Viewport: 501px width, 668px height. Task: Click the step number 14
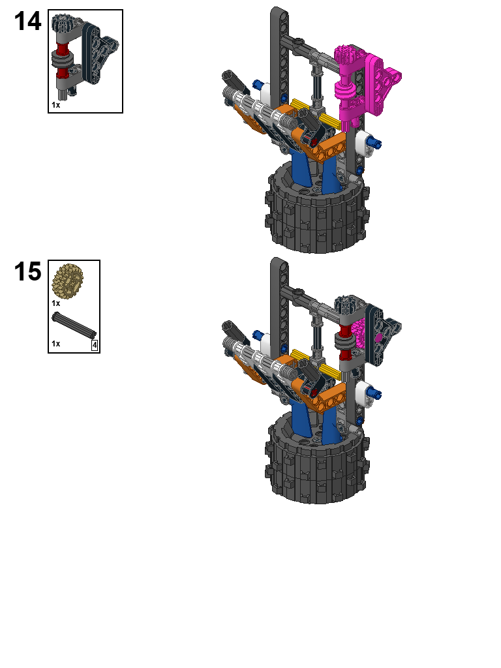coord(27,22)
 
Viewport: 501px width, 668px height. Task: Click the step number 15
coord(27,272)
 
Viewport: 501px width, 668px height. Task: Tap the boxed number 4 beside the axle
coord(95,345)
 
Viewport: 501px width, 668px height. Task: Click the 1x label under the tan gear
coord(56,303)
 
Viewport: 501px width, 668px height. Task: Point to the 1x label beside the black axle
coord(56,343)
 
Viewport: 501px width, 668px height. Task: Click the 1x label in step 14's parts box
coord(56,104)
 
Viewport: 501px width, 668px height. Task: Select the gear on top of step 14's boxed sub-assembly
coord(63,23)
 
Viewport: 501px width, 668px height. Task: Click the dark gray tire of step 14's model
coord(316,215)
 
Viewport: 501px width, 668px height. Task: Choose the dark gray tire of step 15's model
coord(316,466)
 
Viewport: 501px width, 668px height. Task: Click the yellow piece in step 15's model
coord(312,361)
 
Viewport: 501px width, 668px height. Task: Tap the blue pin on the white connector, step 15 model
coord(377,393)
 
